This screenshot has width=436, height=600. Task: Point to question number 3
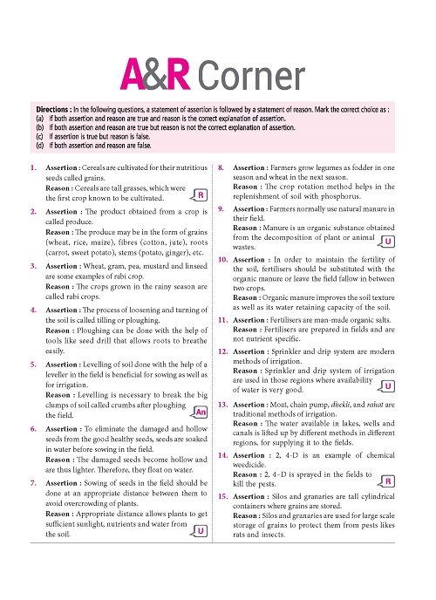coord(32,265)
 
